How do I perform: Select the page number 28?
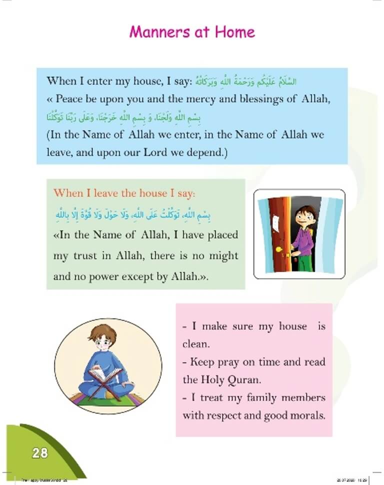pyautogui.click(x=39, y=453)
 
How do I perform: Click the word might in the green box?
pyautogui.click(x=222, y=255)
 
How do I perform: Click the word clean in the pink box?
pyautogui.click(x=194, y=344)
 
